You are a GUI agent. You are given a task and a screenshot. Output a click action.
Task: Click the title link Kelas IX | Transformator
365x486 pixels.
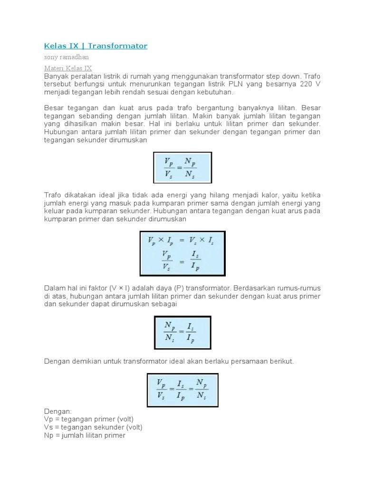(x=96, y=46)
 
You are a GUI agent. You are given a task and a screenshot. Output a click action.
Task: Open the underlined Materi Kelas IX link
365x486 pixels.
(x=68, y=68)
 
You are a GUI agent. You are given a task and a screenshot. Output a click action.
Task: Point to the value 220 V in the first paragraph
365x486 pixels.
(x=309, y=84)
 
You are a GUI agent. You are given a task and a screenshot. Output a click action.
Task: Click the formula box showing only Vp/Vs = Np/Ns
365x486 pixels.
(x=182, y=167)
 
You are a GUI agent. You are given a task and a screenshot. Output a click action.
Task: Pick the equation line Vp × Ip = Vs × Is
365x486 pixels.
(x=182, y=241)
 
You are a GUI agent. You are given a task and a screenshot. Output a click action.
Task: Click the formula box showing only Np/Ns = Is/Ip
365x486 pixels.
(x=182, y=332)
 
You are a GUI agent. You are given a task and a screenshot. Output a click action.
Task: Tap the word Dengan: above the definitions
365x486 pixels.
(x=58, y=411)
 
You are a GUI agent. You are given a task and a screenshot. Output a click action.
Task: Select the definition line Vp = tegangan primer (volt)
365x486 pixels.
(x=89, y=419)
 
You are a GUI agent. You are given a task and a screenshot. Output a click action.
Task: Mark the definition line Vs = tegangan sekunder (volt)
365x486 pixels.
(x=93, y=427)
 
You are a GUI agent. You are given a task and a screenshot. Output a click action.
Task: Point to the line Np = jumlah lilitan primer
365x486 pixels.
(x=85, y=435)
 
